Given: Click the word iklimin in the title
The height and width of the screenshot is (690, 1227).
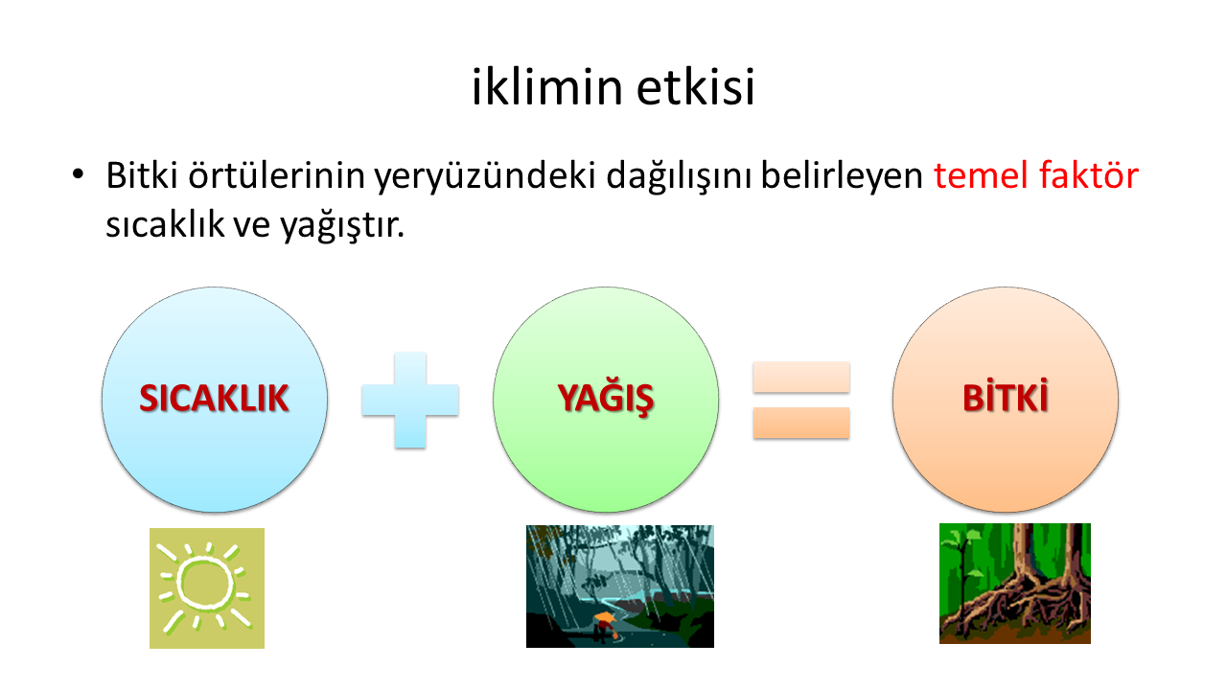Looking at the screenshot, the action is coord(546,86).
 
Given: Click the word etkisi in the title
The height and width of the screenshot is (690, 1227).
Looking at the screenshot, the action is coord(696,86).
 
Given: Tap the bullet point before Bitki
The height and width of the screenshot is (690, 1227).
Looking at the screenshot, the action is coord(78,174).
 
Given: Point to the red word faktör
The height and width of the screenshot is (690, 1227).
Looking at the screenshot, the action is coord(1089,175).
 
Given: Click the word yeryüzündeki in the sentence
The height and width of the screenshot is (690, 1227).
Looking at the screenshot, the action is coord(485,177).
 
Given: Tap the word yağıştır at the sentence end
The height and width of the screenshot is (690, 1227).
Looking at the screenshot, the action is coord(342,225).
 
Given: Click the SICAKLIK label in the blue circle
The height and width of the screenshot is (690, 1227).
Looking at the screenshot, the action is coord(214,398).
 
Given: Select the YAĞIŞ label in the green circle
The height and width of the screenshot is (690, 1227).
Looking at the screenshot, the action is coord(606,398).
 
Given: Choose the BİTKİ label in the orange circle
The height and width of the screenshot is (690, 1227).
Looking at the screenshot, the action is coord(1006,396).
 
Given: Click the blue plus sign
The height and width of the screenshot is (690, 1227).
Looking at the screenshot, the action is coord(410,401).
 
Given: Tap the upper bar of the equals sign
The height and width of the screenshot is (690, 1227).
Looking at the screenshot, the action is coord(801,377).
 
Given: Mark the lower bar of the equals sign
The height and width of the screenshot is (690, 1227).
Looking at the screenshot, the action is coord(801,423).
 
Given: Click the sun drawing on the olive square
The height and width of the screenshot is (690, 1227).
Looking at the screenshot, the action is coord(205,586).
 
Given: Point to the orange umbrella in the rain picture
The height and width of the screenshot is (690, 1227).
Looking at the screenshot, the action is coord(605,619).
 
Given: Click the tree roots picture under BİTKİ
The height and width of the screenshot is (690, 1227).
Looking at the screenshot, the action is coord(1015,584).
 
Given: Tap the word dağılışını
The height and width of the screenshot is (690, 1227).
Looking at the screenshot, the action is coord(679,177).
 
